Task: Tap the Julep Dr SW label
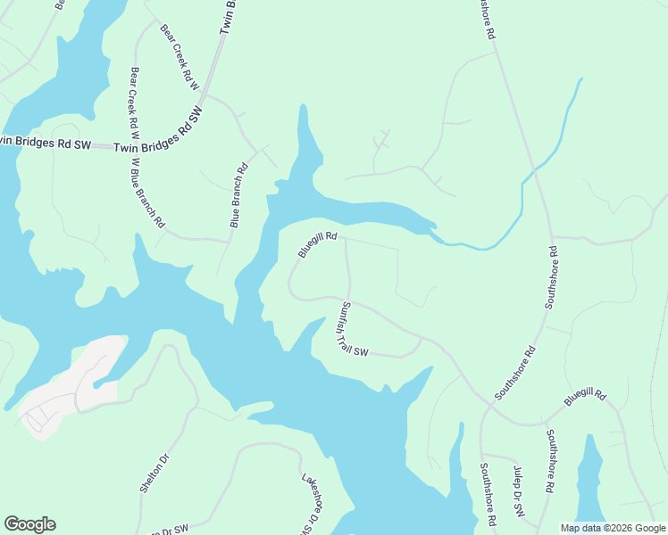pos(518,492)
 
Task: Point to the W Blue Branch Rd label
pos(148,193)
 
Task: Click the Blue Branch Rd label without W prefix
pos(238,195)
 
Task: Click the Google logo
pos(29,524)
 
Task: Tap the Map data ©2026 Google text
pos(613,528)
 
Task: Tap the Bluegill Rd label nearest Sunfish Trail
pos(317,244)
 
